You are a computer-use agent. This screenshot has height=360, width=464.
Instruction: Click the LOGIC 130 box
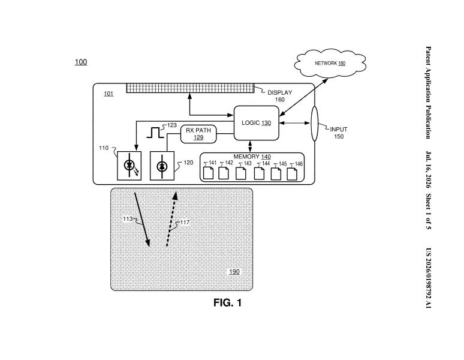(256, 123)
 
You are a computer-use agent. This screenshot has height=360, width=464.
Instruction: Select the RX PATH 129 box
(198, 134)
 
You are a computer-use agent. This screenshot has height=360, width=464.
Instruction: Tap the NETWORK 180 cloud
(330, 64)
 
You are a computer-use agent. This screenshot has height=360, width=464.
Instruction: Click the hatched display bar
(190, 88)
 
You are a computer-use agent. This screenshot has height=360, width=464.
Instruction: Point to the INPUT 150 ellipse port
(314, 124)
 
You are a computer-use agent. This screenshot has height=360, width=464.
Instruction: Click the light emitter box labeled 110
(129, 166)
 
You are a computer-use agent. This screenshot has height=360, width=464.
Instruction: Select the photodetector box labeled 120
(162, 166)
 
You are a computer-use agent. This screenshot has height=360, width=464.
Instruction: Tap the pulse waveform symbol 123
(155, 133)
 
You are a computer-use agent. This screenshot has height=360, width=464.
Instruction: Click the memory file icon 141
(209, 173)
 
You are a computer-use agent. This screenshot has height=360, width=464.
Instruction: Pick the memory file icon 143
(240, 173)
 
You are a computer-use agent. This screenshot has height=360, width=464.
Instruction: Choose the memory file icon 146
(292, 174)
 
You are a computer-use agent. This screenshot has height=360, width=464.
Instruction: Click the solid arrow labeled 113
(142, 220)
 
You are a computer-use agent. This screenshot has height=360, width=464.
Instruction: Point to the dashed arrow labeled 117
(171, 219)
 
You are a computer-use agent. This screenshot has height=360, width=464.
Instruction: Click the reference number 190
(234, 272)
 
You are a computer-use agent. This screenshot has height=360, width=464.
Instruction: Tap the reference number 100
(81, 62)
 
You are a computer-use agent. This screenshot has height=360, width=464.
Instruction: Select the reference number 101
(109, 94)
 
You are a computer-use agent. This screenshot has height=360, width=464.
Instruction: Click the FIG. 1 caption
(228, 302)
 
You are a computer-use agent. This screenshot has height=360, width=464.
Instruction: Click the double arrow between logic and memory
(251, 146)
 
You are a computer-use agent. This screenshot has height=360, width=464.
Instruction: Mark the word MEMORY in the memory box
(246, 157)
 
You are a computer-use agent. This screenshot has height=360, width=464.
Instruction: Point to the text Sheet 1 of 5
(428, 212)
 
